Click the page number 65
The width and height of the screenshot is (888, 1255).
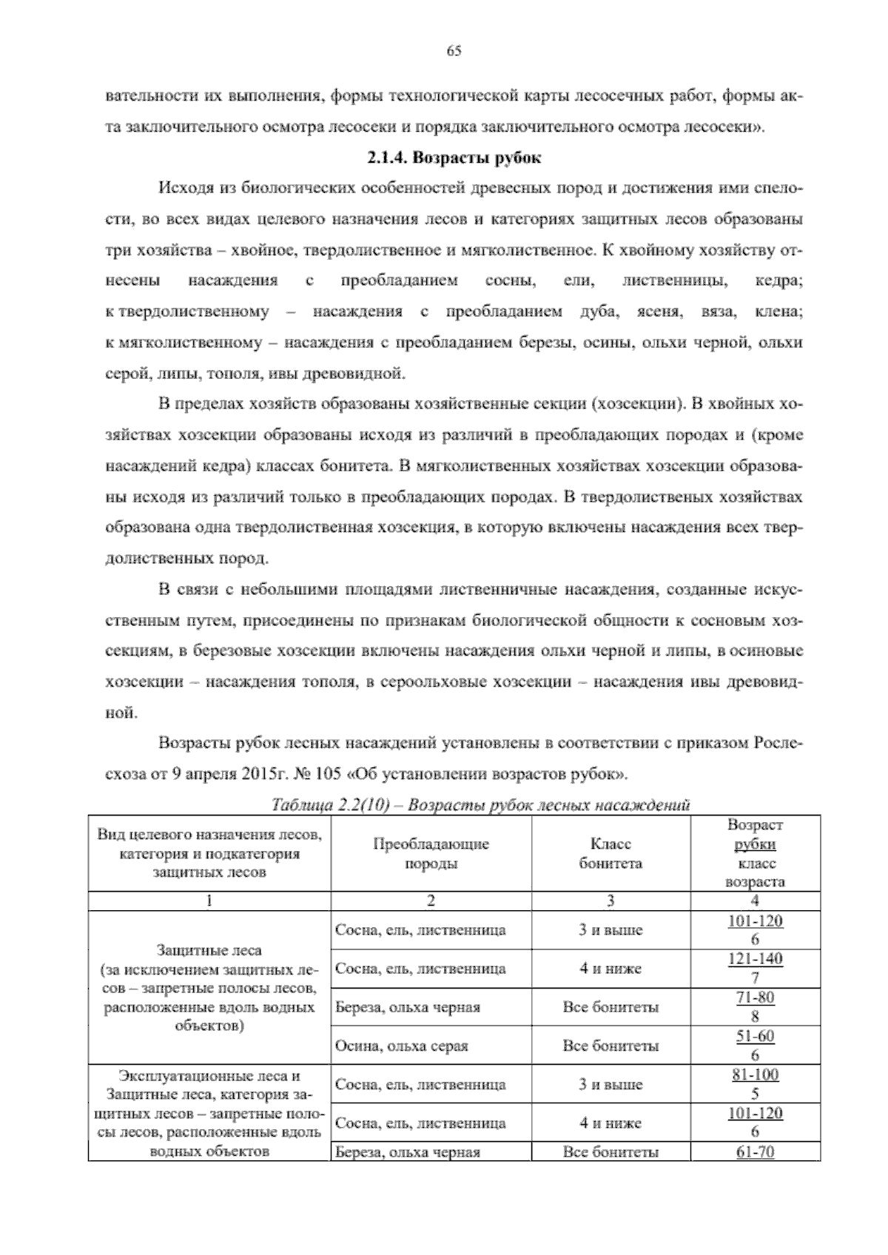(x=454, y=51)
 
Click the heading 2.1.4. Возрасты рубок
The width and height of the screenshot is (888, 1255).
(x=454, y=158)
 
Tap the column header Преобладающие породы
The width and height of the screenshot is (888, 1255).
(x=431, y=853)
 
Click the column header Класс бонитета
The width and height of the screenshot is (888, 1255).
(x=610, y=853)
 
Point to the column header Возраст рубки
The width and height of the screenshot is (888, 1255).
(x=755, y=835)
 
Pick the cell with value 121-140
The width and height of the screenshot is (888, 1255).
(x=755, y=960)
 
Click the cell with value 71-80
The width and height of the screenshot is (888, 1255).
(x=755, y=997)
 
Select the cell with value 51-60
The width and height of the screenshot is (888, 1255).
(x=755, y=1036)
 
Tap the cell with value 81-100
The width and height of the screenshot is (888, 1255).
(x=755, y=1075)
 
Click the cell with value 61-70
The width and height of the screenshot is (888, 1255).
(x=755, y=1152)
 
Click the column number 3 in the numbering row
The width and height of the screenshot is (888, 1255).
(x=610, y=901)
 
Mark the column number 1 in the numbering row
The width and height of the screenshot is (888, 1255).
(x=209, y=901)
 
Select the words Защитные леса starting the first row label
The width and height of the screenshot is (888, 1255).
(x=209, y=949)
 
